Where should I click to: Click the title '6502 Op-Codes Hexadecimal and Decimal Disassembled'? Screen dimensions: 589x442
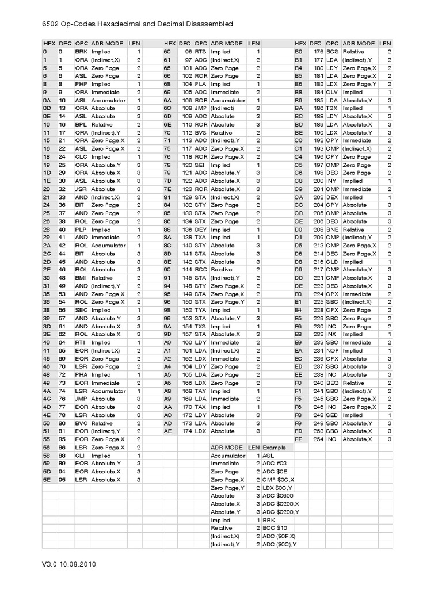click(x=138, y=24)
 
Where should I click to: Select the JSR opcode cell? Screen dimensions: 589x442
click(x=81, y=189)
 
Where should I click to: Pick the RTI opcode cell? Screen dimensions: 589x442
click(x=81, y=342)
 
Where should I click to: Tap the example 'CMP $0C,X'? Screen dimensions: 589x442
click(x=279, y=479)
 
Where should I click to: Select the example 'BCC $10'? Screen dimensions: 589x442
click(x=275, y=527)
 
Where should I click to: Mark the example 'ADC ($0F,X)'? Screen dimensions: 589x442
click(x=281, y=536)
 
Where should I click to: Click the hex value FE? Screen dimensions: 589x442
click(x=298, y=439)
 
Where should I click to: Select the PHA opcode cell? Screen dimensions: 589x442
click(x=81, y=374)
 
